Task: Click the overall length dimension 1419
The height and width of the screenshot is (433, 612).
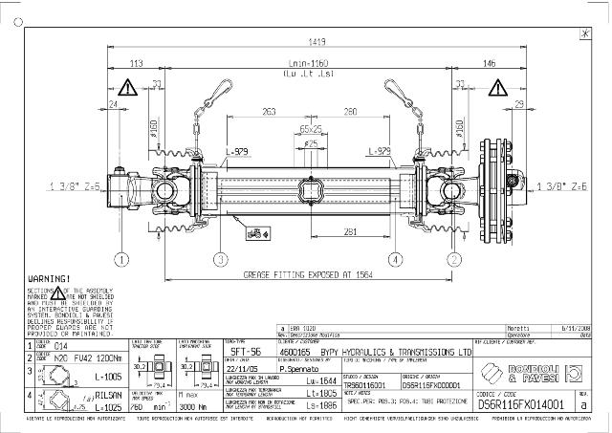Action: coord(316,42)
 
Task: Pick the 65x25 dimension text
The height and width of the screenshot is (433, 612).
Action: coord(311,127)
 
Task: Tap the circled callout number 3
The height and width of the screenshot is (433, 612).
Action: coord(219,258)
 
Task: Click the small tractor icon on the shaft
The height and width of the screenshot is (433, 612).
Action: coord(257,229)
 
